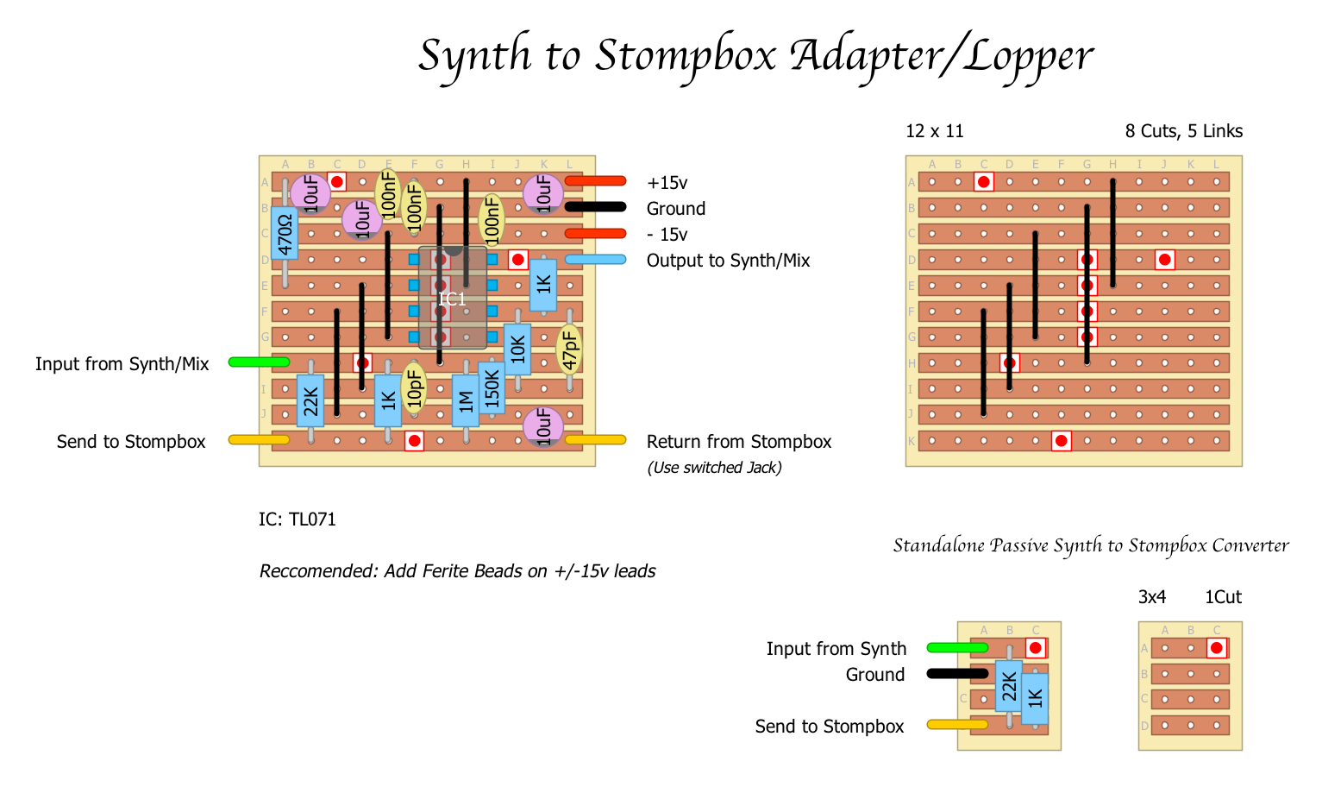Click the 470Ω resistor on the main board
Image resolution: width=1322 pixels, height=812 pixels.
coord(285,233)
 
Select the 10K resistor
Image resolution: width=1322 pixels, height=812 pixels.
coord(517,349)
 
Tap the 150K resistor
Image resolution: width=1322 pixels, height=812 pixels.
coord(492,388)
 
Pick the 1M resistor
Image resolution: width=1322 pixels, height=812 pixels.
coord(466,400)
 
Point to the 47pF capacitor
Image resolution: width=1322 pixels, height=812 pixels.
coord(569,349)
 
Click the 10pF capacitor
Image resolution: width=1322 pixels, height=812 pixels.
coord(415,387)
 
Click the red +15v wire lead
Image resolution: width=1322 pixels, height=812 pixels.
coord(595,181)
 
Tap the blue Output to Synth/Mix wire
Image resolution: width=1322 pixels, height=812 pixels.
coord(595,260)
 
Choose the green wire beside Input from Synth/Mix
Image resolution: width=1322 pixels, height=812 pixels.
coord(259,362)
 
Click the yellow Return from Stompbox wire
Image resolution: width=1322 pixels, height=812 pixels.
coord(595,440)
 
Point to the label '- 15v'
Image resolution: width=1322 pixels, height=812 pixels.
coord(667,235)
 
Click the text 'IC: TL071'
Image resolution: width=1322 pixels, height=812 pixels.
coord(298,519)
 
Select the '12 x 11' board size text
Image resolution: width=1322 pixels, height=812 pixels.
coord(935,131)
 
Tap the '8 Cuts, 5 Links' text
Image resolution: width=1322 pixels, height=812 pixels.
coord(1183,131)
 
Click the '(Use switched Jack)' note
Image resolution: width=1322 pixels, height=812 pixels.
coord(714,468)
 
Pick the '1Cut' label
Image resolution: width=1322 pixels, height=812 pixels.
coord(1223,597)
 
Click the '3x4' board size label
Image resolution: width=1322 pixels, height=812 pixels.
coord(1152,597)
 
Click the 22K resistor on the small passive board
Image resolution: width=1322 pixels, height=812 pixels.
coord(1009,686)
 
